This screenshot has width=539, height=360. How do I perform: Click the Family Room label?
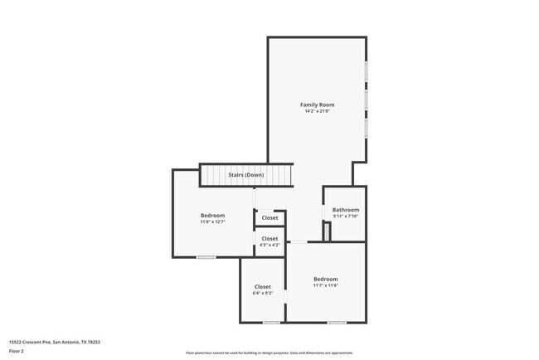tap(317, 105)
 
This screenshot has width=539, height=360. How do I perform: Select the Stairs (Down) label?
tap(246, 175)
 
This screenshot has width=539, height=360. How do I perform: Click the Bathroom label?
tap(346, 210)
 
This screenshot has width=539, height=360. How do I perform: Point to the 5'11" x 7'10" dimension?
tap(346, 216)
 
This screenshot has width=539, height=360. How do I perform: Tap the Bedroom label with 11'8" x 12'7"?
tap(212, 215)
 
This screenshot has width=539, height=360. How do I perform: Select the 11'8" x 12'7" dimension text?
tap(212, 221)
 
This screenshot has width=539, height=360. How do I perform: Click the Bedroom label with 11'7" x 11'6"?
tap(326, 279)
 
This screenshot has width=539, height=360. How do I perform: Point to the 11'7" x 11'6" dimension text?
tap(326, 285)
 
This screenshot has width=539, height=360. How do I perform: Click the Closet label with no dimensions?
tap(269, 218)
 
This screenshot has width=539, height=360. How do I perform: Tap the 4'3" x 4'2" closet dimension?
tap(269, 245)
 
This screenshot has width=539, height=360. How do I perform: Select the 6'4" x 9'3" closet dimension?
tap(263, 293)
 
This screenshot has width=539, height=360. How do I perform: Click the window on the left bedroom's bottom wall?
tap(206, 257)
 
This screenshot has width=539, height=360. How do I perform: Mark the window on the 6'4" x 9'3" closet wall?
tap(271, 322)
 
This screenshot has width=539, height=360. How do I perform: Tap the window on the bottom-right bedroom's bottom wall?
tap(336, 322)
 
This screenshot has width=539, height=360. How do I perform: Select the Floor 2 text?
tap(17, 352)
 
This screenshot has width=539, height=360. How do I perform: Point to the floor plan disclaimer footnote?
tap(269, 352)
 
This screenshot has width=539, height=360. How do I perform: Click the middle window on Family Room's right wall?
tap(366, 101)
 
